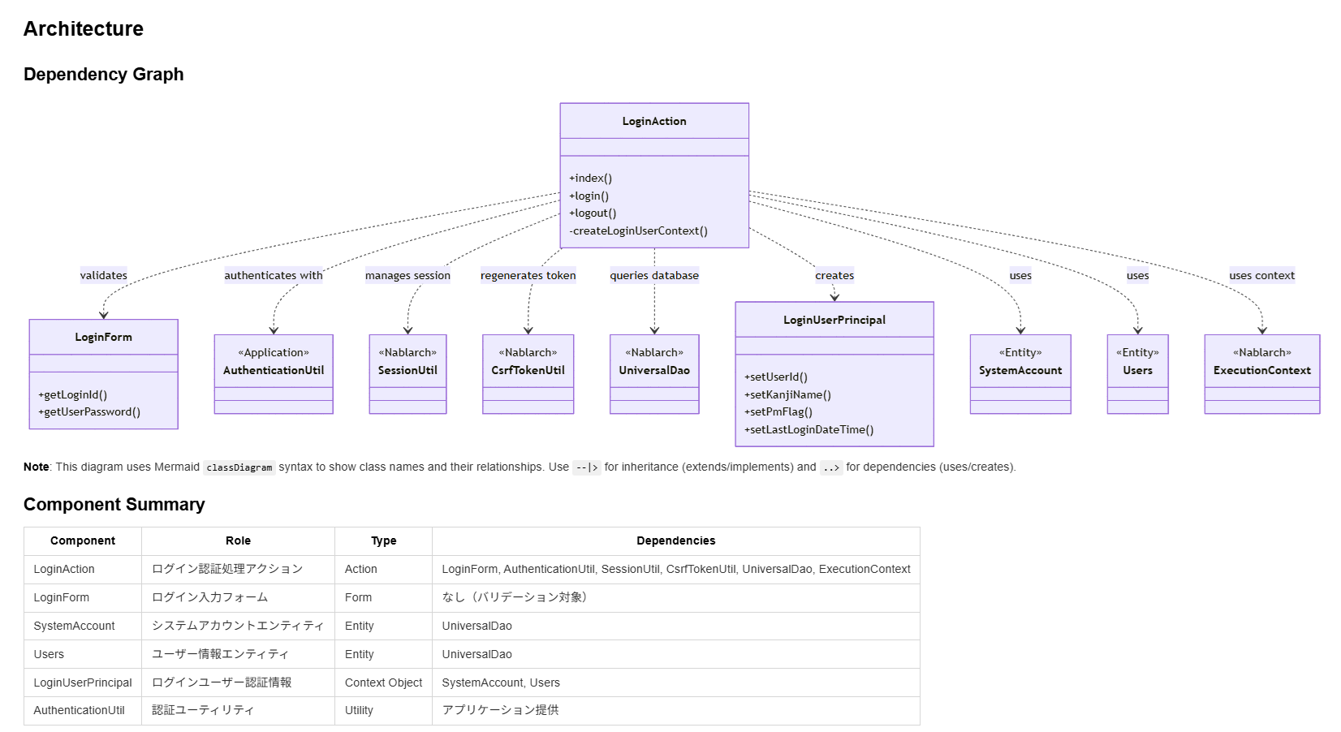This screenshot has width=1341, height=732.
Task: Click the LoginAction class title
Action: pyautogui.click(x=653, y=121)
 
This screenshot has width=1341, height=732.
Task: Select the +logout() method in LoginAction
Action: pyautogui.click(x=592, y=213)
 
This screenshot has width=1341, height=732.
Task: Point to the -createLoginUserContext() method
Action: pyautogui.click(x=638, y=231)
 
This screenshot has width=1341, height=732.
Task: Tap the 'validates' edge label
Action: pyautogui.click(x=104, y=275)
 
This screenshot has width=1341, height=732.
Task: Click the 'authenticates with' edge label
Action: pyautogui.click(x=273, y=275)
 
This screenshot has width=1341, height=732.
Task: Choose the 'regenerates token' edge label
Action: pyautogui.click(x=528, y=275)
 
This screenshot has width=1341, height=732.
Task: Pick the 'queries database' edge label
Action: pyautogui.click(x=654, y=275)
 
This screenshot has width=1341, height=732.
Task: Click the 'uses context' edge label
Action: pyautogui.click(x=1262, y=275)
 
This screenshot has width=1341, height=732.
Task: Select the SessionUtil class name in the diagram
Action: pyautogui.click(x=407, y=371)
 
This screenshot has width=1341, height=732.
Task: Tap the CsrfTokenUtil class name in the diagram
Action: pyautogui.click(x=528, y=371)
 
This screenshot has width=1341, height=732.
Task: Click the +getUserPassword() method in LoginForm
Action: pyautogui.click(x=89, y=411)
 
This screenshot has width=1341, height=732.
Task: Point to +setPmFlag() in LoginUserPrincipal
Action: pyautogui.click(x=778, y=411)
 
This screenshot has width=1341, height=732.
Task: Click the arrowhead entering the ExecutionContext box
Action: pyautogui.click(x=1262, y=330)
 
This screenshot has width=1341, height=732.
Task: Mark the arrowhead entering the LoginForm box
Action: pyautogui.click(x=104, y=315)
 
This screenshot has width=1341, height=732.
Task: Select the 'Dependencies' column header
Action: pyautogui.click(x=676, y=540)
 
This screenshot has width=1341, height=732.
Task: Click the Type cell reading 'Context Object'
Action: pyautogui.click(x=383, y=682)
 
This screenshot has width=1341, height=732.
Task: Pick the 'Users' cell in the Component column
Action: pyautogui.click(x=49, y=654)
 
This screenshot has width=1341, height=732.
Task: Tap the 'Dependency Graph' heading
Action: pyautogui.click(x=104, y=74)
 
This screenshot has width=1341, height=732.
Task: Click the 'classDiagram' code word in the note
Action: pyautogui.click(x=239, y=467)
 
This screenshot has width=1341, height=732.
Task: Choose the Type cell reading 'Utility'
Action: pyautogui.click(x=359, y=710)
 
